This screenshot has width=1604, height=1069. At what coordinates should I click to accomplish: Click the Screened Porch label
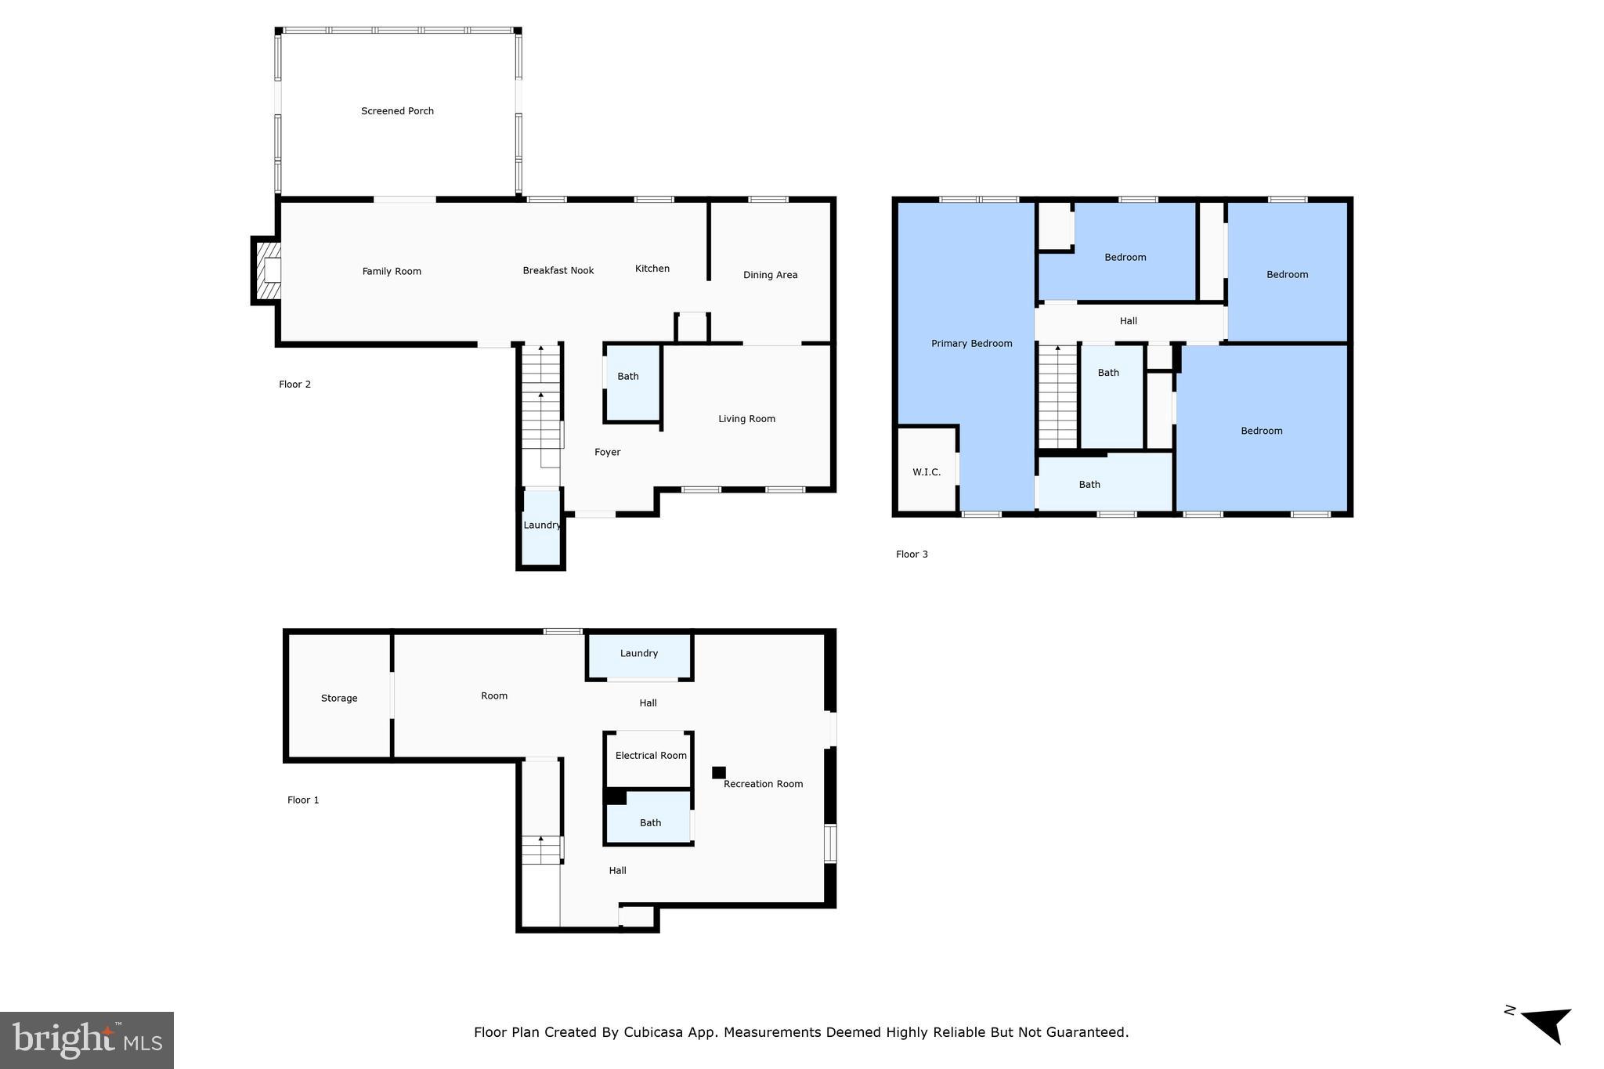397,111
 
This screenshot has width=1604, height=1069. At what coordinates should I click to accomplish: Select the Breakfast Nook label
558,271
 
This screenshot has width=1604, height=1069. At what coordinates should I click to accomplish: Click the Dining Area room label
770,275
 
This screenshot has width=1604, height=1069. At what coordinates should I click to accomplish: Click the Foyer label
607,452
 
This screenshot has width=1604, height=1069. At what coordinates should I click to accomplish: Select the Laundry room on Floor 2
541,525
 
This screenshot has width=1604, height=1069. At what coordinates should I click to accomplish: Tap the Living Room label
746,419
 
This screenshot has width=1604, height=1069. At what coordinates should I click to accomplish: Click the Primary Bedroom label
971,344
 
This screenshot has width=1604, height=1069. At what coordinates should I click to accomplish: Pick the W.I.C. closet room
926,472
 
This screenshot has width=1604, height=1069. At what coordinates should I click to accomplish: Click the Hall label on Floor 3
1128,321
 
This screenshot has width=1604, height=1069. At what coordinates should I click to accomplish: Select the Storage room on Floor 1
338,698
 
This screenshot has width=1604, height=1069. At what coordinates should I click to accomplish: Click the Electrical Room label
650,756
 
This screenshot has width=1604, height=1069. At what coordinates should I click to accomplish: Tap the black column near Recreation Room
718,772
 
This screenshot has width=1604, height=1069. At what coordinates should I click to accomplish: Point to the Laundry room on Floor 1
638,654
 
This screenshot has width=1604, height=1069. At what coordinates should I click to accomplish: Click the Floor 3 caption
912,554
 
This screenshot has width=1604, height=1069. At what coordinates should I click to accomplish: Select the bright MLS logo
87,1040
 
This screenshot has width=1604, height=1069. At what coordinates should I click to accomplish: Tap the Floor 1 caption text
303,800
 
